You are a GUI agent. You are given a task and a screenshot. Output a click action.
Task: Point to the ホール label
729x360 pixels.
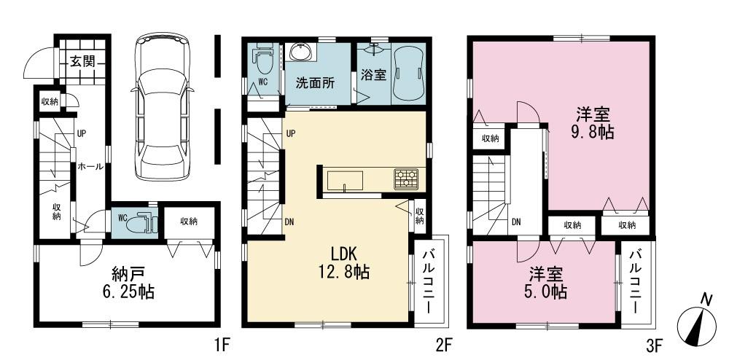click(x=90, y=167)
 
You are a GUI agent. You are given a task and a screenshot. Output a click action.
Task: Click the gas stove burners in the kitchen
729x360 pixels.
click(x=405, y=176)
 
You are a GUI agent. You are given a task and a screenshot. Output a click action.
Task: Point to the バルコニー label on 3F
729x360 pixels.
click(x=636, y=281)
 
